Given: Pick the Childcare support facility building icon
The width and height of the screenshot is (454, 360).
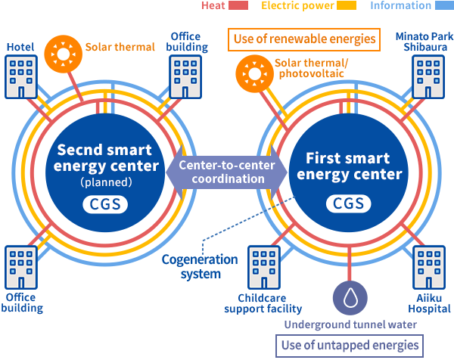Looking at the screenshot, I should [264, 265].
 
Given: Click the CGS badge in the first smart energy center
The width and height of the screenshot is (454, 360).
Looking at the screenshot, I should [349, 203].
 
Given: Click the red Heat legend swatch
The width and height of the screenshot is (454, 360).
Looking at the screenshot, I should [238, 6].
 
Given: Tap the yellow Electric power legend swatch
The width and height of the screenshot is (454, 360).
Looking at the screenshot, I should [346, 6].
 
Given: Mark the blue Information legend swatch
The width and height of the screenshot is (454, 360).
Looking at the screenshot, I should [442, 6].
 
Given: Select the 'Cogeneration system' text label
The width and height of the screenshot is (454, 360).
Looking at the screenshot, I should [199, 266].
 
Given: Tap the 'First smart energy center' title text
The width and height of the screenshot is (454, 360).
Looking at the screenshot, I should [348, 166].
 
